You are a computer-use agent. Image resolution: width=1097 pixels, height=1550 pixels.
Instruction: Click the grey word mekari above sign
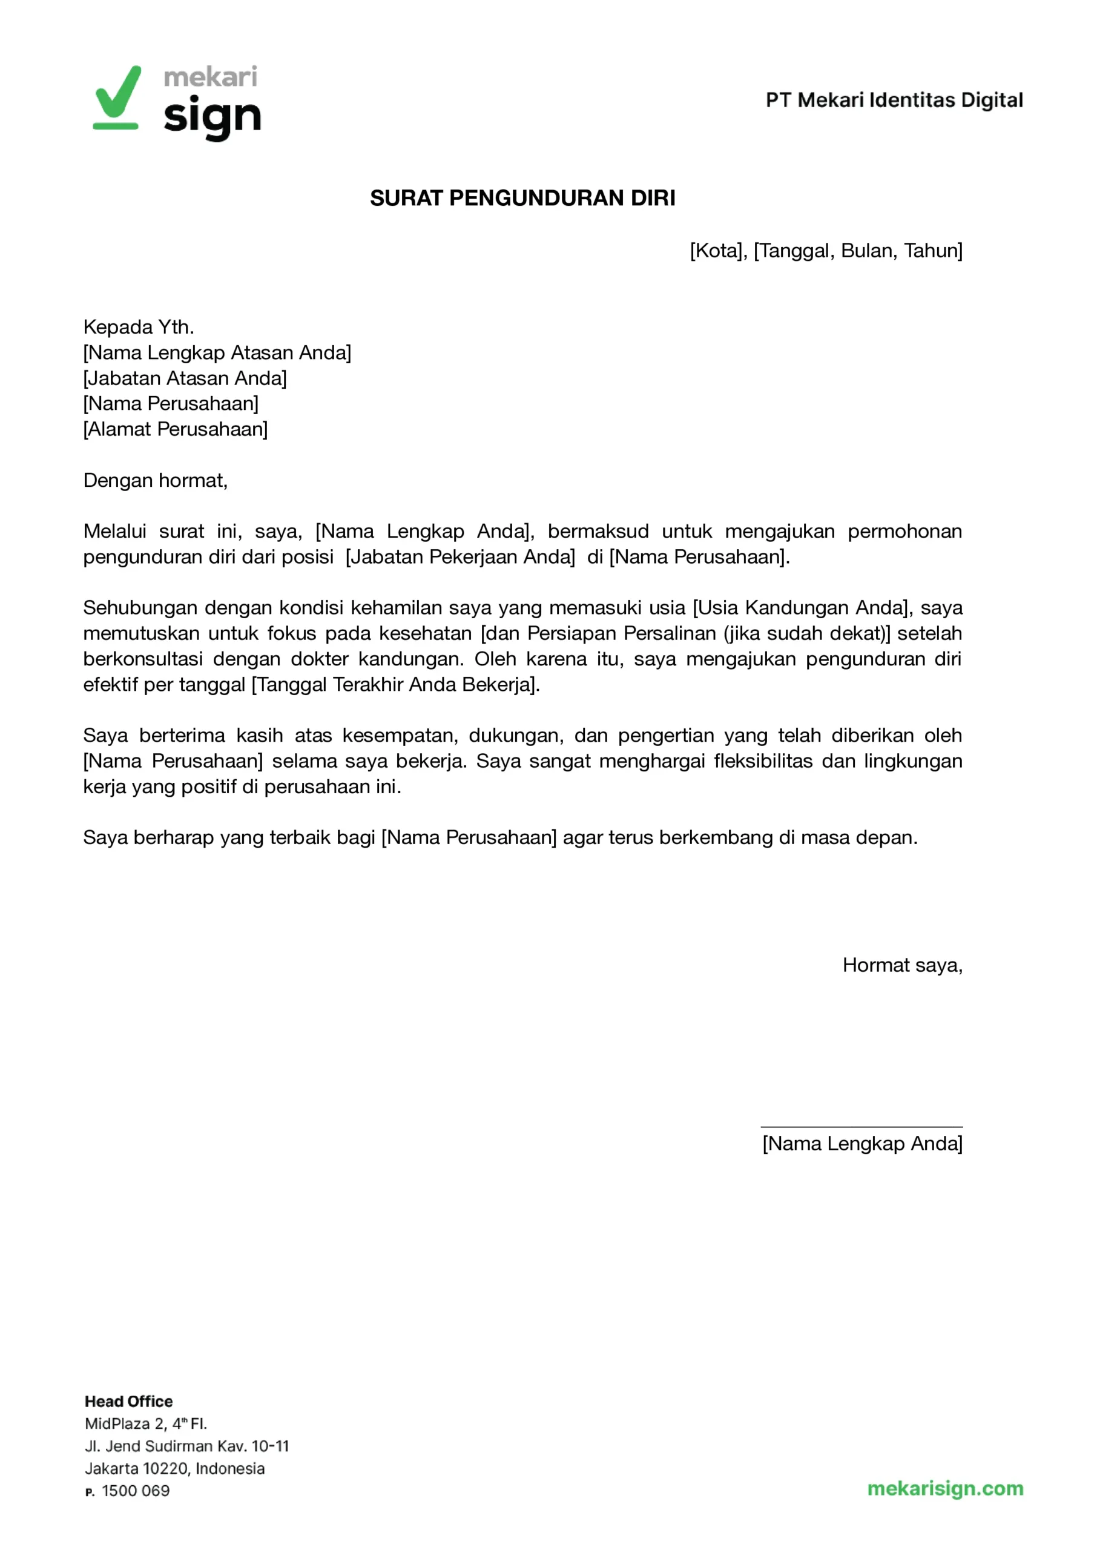pyautogui.click(x=210, y=77)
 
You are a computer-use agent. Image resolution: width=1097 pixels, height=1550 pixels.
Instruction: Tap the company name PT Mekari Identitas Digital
pyautogui.click(x=894, y=100)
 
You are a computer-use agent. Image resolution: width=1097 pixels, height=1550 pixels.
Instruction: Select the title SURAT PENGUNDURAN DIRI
pyautogui.click(x=522, y=198)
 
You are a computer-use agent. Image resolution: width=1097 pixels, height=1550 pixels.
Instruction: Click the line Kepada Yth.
pyautogui.click(x=139, y=327)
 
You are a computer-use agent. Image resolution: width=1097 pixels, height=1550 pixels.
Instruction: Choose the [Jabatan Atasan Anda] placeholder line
pyautogui.click(x=185, y=378)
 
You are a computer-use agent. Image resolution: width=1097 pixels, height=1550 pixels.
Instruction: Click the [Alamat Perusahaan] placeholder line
pyautogui.click(x=175, y=429)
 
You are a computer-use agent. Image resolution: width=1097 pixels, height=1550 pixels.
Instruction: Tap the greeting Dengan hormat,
pyautogui.click(x=156, y=480)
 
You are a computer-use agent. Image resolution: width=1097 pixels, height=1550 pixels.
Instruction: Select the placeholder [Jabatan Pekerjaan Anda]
pyautogui.click(x=460, y=556)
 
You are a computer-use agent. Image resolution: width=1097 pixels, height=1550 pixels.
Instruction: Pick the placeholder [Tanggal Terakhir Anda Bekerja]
pyautogui.click(x=395, y=684)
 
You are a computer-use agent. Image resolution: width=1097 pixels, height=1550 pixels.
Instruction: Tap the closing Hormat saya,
pyautogui.click(x=902, y=965)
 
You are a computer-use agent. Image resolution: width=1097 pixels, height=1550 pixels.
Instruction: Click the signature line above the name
pyautogui.click(x=861, y=1127)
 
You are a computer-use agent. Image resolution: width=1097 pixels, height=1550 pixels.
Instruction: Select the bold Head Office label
pyautogui.click(x=128, y=1402)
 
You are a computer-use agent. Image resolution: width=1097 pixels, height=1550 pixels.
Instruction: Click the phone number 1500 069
pyautogui.click(x=135, y=1491)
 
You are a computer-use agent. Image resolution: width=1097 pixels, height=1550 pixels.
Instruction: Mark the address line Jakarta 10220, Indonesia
pyautogui.click(x=174, y=1468)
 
